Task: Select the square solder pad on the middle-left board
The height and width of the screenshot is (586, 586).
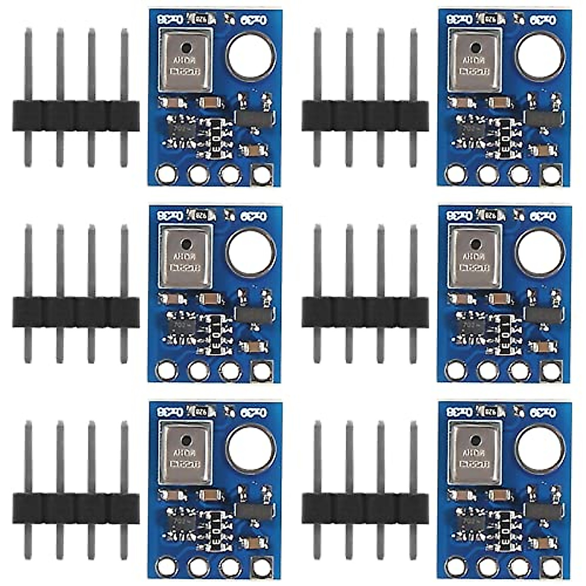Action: tap(262, 371)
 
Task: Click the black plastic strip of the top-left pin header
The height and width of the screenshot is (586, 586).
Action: tap(76, 116)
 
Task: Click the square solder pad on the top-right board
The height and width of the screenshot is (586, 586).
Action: tap(552, 174)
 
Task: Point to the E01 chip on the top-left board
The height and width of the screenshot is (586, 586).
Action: tap(214, 138)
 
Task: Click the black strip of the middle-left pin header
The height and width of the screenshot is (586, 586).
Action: tap(76, 312)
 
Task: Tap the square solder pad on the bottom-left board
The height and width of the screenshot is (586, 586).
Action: tap(262, 566)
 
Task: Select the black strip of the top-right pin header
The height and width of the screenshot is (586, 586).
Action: tap(365, 116)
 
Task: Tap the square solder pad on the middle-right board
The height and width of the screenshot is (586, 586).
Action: tap(552, 371)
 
